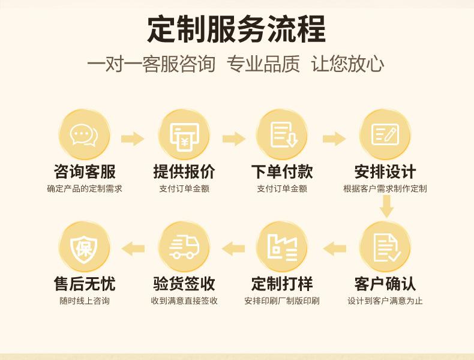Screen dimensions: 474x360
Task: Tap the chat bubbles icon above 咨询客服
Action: (x=84, y=135)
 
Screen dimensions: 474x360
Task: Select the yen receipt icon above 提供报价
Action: (x=184, y=135)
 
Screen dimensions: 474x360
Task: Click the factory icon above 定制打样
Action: (x=282, y=247)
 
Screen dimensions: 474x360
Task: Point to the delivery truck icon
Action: (x=184, y=247)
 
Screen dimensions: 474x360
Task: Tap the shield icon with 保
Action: (x=84, y=247)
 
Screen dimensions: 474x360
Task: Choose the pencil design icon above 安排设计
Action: (x=385, y=135)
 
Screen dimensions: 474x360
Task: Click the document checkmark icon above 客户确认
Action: (x=385, y=247)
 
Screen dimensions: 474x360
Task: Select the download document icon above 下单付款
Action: (x=282, y=135)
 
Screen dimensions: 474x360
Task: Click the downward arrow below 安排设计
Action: (x=386, y=208)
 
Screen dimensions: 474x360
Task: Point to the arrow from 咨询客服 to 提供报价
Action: (x=133, y=139)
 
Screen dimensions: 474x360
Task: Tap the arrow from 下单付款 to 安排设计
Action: (x=334, y=139)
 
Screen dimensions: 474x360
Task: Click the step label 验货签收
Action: (x=184, y=283)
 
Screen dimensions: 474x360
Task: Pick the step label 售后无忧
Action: (x=85, y=283)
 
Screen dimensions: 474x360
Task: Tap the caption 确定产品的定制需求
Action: (x=85, y=189)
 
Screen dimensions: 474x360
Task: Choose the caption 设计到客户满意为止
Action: (x=385, y=301)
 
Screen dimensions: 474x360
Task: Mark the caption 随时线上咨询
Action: (x=85, y=301)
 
